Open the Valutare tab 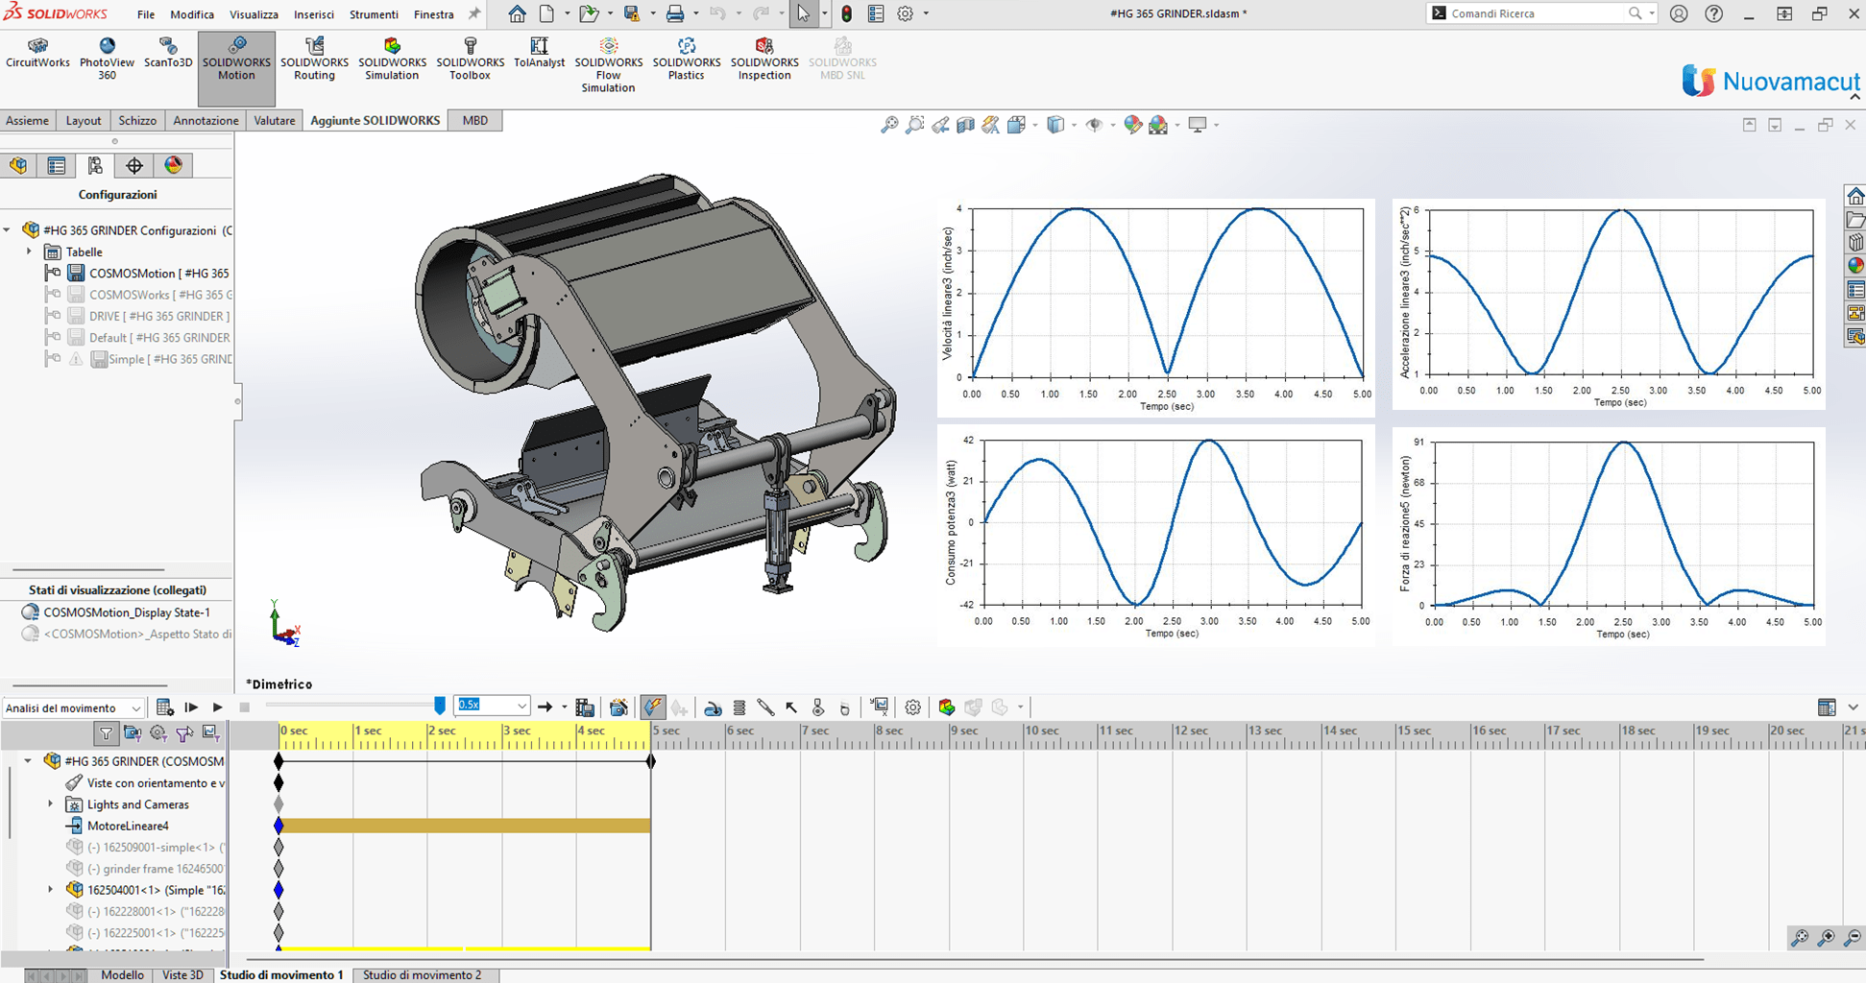274,120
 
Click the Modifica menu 192,14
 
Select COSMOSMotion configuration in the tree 158,274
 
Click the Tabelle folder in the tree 84,252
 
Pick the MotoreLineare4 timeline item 127,826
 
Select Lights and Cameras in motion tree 137,804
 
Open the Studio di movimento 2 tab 422,974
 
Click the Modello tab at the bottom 122,974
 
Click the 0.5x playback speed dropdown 492,706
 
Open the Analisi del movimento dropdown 73,707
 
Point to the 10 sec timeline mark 1041,731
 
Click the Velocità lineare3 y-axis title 948,293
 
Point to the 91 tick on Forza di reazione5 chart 1418,443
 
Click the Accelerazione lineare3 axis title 1405,293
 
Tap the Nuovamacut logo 1770,82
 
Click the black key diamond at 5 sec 651,761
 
